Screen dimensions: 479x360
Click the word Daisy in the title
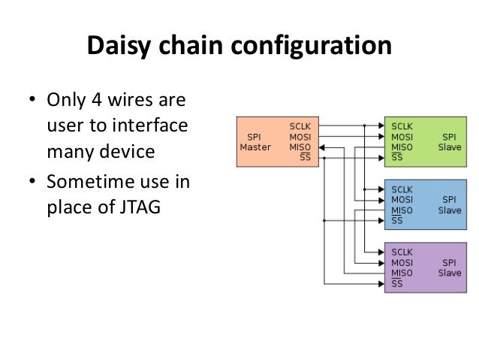(119, 46)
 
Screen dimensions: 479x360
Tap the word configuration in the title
(312, 46)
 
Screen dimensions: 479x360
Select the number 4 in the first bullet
(97, 100)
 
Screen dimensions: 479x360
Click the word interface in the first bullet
(150, 126)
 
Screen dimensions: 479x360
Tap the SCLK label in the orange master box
(300, 126)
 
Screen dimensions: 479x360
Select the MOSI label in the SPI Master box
(300, 137)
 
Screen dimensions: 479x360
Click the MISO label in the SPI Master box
(300, 147)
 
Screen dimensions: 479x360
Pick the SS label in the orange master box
(305, 157)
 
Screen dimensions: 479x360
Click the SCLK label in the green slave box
(402, 126)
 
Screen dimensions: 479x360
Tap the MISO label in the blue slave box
(402, 210)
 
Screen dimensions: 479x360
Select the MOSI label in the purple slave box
(402, 263)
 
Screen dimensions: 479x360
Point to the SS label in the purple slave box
(397, 283)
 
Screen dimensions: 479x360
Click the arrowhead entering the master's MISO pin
(321, 148)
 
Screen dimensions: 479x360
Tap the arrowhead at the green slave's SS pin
(381, 158)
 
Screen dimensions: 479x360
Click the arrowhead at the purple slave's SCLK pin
(381, 253)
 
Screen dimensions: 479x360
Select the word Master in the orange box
(255, 147)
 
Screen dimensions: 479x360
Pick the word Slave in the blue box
(450, 210)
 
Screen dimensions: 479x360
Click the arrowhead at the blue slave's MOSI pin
(381, 201)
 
